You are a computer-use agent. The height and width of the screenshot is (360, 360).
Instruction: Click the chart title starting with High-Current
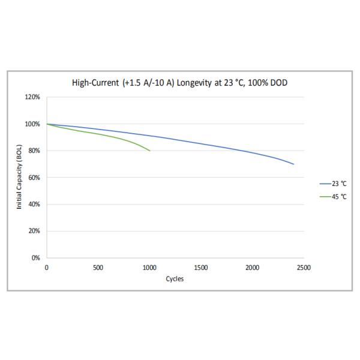coord(179,83)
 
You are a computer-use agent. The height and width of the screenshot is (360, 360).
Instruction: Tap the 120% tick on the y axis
coord(33,97)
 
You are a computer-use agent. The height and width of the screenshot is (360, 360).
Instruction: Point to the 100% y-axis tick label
coord(33,124)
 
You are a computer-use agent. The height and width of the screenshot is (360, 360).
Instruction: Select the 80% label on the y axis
coord(34,151)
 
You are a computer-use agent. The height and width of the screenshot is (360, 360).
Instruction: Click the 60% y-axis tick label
coord(34,178)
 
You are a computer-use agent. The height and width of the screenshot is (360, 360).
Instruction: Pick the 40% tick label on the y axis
coord(34,205)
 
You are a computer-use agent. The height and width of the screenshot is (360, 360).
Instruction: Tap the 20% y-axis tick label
coord(34,231)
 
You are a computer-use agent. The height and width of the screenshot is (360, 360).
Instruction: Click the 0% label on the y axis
coord(36,258)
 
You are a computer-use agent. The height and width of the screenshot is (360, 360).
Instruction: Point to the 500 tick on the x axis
coord(98,268)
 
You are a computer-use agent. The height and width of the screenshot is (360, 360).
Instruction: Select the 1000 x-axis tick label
coord(149,268)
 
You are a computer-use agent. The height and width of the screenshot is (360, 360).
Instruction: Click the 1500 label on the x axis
coord(201,268)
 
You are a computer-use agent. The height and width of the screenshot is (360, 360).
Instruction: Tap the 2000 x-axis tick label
coord(253,268)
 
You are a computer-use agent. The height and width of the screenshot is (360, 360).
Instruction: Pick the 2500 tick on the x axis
coord(304,268)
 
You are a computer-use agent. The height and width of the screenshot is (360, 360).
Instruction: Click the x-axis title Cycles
coord(175,279)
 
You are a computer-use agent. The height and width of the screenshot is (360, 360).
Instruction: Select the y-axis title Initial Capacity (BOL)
coord(20,178)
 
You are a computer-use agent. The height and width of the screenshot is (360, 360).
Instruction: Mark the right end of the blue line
coord(293,164)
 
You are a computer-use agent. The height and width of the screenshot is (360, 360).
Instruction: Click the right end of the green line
coord(149,151)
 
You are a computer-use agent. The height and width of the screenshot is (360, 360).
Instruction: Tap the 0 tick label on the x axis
coord(47,268)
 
